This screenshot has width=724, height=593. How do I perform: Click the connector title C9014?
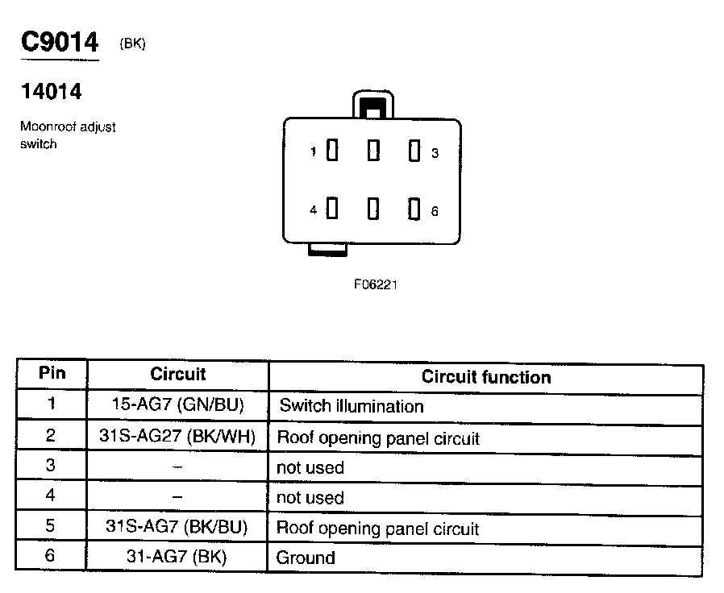pyautogui.click(x=59, y=42)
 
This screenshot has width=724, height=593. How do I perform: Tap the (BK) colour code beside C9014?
pyautogui.click(x=132, y=44)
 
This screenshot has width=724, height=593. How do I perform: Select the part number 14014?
pyautogui.click(x=51, y=92)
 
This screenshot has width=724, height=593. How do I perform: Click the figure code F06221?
pyautogui.click(x=375, y=284)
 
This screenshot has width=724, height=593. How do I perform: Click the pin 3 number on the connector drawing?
pyautogui.click(x=435, y=153)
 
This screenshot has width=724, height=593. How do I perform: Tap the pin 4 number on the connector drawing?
pyautogui.click(x=314, y=210)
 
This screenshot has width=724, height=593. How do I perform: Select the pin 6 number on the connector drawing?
pyautogui.click(x=435, y=211)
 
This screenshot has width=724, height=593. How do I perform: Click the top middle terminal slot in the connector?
pyautogui.click(x=373, y=151)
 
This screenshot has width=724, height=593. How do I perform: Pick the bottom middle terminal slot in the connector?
pyautogui.click(x=373, y=209)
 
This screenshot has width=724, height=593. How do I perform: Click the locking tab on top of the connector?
pyautogui.click(x=372, y=106)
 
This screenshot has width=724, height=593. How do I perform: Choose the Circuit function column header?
pyautogui.click(x=486, y=377)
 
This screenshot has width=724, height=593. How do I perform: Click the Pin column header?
pyautogui.click(x=52, y=374)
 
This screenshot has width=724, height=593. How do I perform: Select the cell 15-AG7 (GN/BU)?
pyautogui.click(x=177, y=405)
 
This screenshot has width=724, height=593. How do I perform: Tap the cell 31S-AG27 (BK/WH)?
pyautogui.click(x=177, y=437)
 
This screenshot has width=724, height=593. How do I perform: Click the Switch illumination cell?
pyautogui.click(x=351, y=406)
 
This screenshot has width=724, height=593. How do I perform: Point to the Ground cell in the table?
pyautogui.click(x=306, y=558)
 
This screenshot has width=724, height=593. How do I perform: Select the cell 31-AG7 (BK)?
pyautogui.click(x=177, y=557)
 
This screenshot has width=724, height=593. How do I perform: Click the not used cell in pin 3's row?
pyautogui.click(x=310, y=468)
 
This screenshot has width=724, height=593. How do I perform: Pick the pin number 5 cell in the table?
pyautogui.click(x=51, y=527)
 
